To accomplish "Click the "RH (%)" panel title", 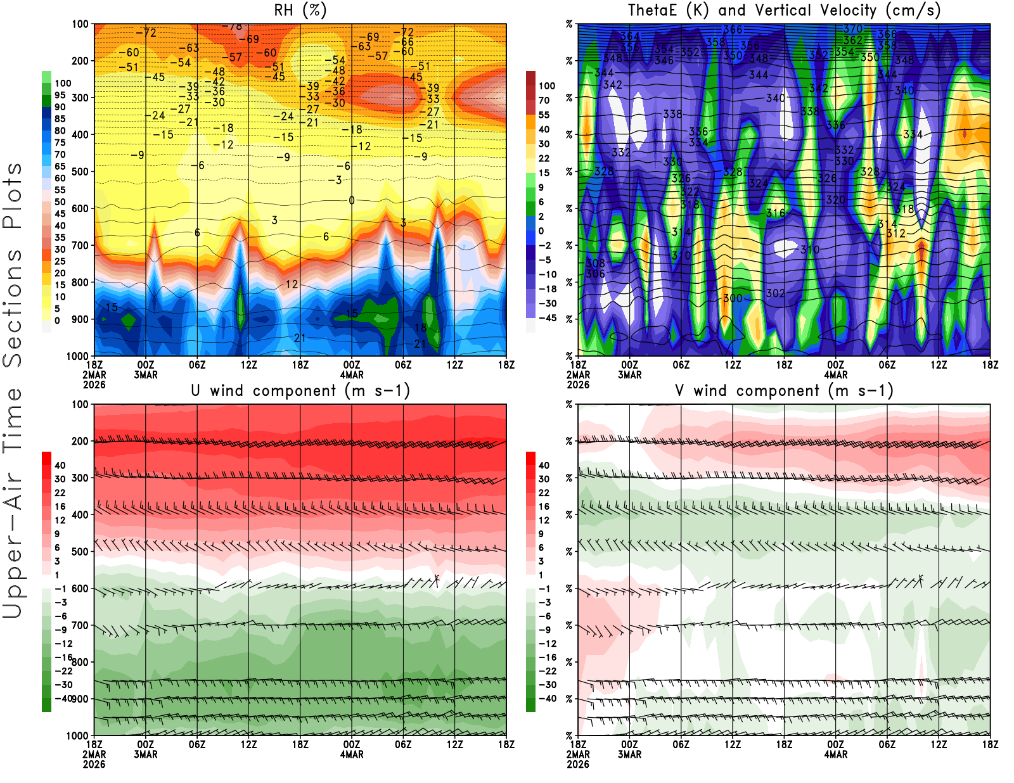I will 300,11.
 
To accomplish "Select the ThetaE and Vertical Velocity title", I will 784,11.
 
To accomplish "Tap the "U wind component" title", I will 300,391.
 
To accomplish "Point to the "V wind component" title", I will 784,391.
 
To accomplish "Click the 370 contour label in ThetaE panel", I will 852,29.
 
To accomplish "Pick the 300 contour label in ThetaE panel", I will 733,298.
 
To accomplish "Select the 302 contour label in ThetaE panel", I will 775,293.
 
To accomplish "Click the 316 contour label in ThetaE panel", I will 775,213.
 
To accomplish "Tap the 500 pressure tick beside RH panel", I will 80,172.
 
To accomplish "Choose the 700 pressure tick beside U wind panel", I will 80,625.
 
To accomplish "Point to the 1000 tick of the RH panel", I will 78,356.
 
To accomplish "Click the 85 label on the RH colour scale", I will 60,119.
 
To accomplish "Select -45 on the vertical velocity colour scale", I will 547,318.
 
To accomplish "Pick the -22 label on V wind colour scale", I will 547,671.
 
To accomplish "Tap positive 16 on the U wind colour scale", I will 60,506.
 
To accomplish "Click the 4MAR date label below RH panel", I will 352,374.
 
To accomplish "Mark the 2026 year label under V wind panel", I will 578,764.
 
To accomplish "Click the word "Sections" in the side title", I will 13,308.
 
